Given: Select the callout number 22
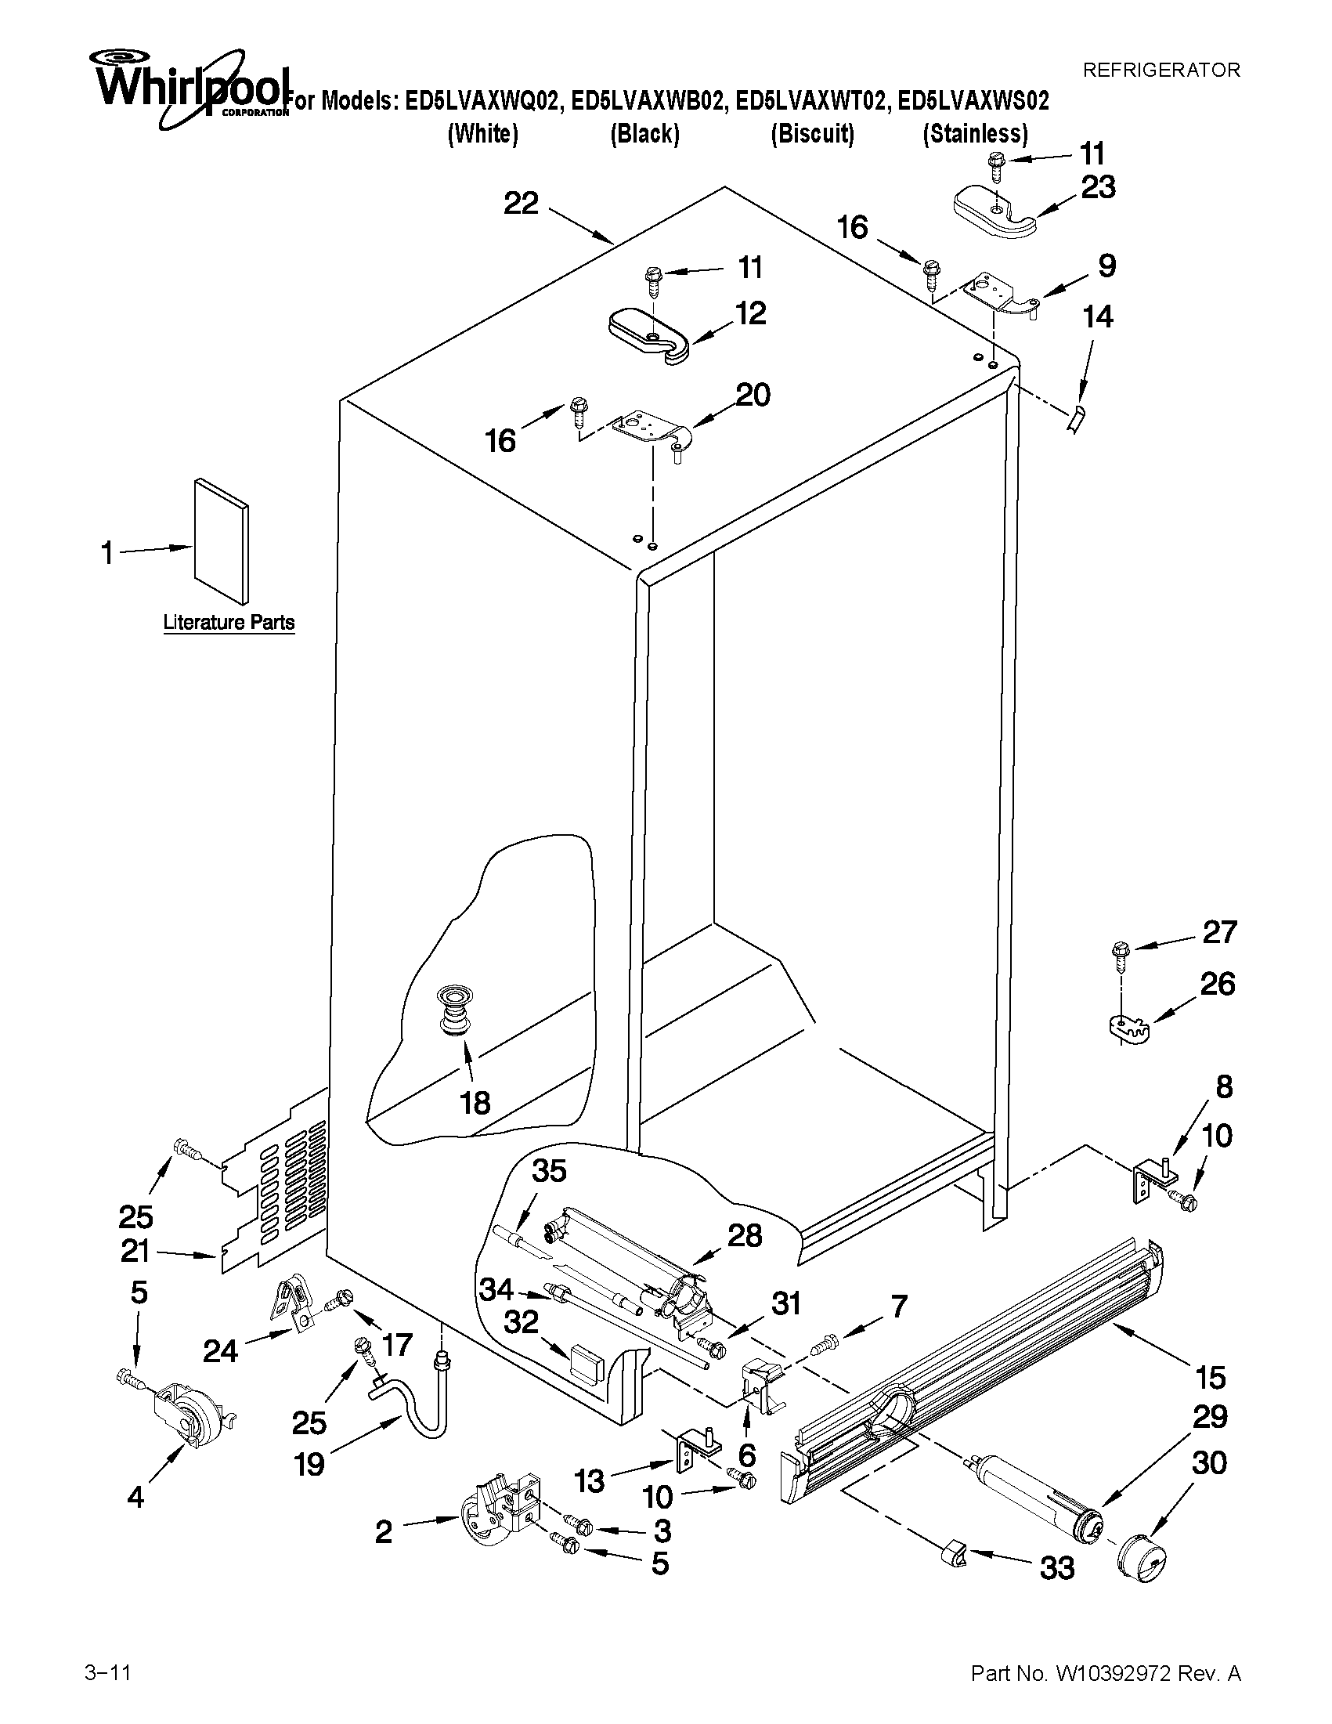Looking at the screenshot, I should point(521,204).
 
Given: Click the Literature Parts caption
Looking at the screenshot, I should point(229,623).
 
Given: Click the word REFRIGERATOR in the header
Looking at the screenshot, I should point(1161,70).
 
